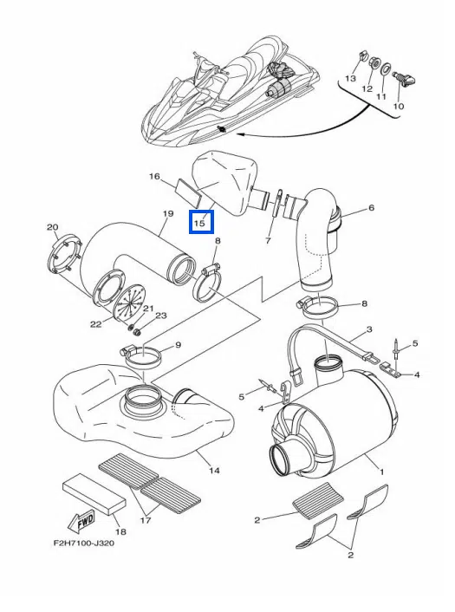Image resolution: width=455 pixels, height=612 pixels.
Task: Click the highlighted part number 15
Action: (x=199, y=224)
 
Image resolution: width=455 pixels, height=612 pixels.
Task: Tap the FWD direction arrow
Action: (x=81, y=522)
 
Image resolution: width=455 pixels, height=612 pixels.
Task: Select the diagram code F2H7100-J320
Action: (x=84, y=543)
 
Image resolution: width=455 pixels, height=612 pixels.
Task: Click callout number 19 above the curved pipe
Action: (x=168, y=213)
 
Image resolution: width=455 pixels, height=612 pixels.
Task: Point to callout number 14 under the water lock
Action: (x=214, y=471)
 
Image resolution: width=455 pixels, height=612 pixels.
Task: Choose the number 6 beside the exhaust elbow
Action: (x=371, y=208)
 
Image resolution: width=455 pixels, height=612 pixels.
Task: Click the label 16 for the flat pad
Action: (x=154, y=177)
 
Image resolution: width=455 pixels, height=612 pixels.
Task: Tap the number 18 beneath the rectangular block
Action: (x=121, y=531)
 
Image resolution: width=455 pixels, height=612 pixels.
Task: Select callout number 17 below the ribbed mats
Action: (x=146, y=520)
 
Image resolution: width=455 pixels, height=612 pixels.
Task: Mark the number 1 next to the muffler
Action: (x=381, y=472)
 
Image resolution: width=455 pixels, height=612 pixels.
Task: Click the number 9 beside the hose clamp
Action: (x=178, y=345)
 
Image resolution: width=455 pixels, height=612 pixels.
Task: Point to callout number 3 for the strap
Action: (x=369, y=329)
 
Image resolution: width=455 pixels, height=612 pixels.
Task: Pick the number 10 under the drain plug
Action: (x=399, y=106)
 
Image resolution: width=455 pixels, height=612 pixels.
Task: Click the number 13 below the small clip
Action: (x=350, y=79)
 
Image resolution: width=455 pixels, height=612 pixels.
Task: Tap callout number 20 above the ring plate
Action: (x=53, y=227)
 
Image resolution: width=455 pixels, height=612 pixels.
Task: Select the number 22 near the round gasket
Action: (x=96, y=324)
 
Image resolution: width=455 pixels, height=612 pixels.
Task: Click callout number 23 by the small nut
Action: (x=161, y=316)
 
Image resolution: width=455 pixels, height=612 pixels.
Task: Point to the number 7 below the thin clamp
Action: (x=268, y=241)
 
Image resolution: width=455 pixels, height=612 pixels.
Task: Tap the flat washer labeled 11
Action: (x=385, y=68)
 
